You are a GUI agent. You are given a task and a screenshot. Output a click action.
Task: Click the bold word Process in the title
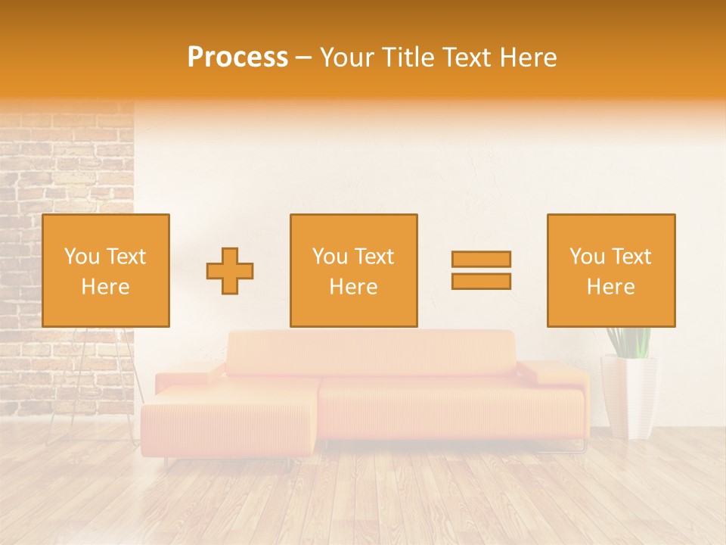tap(237, 58)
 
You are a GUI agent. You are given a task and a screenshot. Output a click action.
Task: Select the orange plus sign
tap(230, 271)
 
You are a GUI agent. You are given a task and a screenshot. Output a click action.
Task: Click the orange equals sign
tap(481, 270)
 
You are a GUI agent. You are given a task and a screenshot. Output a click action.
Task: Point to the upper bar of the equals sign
tap(481, 259)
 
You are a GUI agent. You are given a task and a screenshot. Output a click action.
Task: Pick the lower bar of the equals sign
tap(481, 282)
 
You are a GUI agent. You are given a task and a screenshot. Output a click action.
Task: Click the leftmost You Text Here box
tap(105, 270)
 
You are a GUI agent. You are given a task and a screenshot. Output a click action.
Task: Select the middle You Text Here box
tap(353, 270)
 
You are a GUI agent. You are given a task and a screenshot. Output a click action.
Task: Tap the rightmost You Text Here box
tap(610, 270)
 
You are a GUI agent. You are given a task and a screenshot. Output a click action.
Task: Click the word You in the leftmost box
tap(82, 257)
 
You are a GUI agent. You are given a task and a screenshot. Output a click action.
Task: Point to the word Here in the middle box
tap(353, 287)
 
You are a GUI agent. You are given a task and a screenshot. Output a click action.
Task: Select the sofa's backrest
tap(371, 353)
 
